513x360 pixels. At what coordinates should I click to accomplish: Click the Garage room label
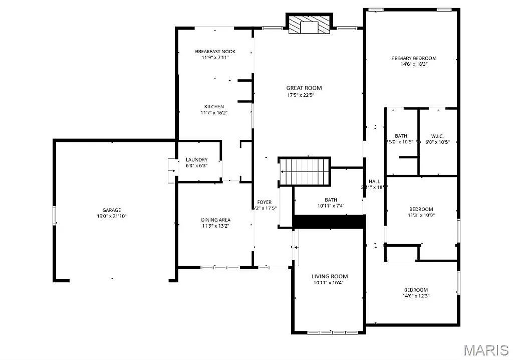(112, 210)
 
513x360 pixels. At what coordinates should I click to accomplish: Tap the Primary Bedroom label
(414, 58)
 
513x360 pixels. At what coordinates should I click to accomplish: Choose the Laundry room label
(196, 159)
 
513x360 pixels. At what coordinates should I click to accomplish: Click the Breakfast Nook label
(215, 52)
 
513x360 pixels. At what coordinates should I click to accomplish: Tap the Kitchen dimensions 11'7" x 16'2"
(214, 113)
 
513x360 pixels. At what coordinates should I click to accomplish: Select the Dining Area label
(216, 220)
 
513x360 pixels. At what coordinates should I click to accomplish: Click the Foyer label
(265, 202)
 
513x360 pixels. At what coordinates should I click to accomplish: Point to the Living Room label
(330, 276)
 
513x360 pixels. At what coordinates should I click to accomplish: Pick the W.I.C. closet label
(437, 136)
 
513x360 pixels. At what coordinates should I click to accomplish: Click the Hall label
(375, 181)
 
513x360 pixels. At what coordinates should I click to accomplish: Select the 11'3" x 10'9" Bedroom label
(421, 209)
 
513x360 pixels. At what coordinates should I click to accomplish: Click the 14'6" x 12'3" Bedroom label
(416, 290)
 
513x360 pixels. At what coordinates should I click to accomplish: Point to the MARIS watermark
(486, 349)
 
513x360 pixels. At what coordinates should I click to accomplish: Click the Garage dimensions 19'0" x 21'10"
(112, 216)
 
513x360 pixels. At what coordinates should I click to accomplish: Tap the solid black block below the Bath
(328, 222)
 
